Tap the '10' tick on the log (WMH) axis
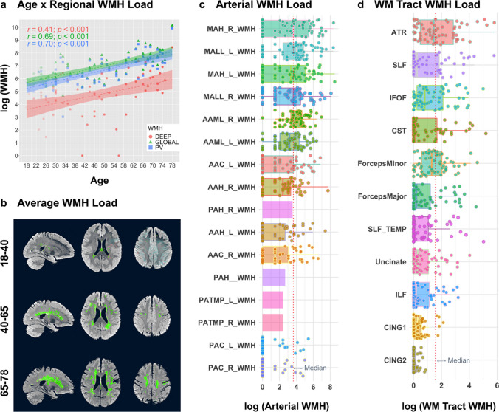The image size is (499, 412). pyautogui.click(x=16, y=27)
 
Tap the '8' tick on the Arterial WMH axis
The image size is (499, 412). pyautogui.click(x=331, y=385)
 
